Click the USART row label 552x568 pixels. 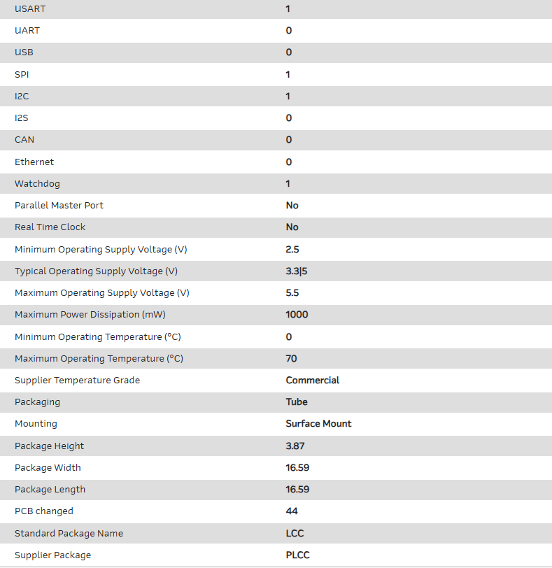[x=31, y=9]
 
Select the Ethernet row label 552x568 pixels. [x=34, y=162]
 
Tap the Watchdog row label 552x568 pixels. [x=37, y=183]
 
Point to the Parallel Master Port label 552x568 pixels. [x=59, y=205]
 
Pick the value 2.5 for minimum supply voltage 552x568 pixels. [x=292, y=249]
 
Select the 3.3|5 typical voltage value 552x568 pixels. [x=297, y=271]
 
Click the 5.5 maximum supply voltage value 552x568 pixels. [x=292, y=292]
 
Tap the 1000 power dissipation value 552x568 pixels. [x=297, y=314]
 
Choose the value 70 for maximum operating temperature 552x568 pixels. [x=291, y=358]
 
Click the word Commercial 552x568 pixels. [x=313, y=380]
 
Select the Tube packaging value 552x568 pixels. [x=297, y=402]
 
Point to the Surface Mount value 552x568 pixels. [x=318, y=423]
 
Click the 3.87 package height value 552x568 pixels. [x=295, y=446]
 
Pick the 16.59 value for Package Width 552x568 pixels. [x=297, y=467]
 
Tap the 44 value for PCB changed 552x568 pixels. [x=292, y=511]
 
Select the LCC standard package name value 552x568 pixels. [x=295, y=533]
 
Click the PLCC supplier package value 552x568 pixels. [x=297, y=555]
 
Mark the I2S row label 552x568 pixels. [x=22, y=118]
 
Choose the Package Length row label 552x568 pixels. [x=50, y=489]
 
